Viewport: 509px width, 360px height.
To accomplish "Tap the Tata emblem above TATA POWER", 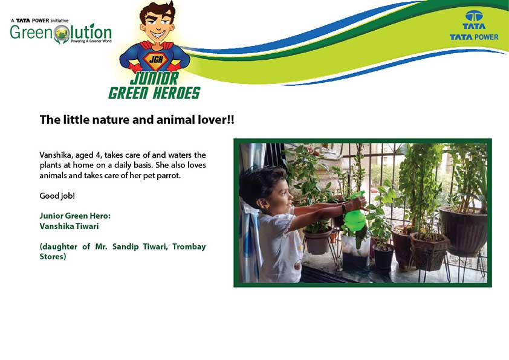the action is [474, 16].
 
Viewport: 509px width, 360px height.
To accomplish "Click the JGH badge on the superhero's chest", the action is [156, 60].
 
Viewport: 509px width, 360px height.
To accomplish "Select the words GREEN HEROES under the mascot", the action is [154, 93].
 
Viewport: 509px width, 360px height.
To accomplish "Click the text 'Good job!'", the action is [57, 196].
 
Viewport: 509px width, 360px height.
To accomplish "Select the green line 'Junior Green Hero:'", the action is [75, 216].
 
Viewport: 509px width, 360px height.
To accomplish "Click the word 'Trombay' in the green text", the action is [189, 247].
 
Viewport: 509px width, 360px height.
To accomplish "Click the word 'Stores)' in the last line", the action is [53, 257].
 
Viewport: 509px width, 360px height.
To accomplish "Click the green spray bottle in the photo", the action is [355, 214].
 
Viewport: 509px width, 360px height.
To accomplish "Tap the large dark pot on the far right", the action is [463, 230].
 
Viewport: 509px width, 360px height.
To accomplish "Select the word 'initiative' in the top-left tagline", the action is [60, 21].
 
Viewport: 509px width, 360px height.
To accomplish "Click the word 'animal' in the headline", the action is [173, 120].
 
